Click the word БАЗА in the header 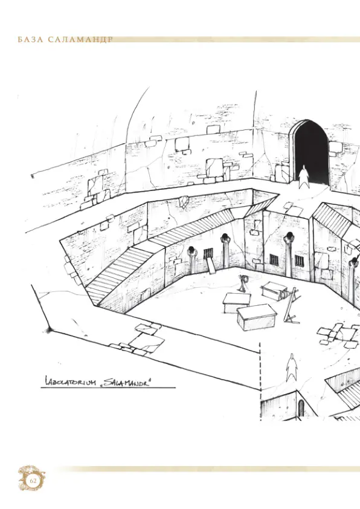click(30, 40)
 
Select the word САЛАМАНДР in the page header click(80, 40)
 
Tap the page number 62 click(33, 481)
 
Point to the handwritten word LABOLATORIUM click(69, 382)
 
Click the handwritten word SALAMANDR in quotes click(127, 381)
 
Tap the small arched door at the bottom click(301, 408)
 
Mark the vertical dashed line click(260, 381)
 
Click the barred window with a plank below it click(208, 253)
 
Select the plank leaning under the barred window click(211, 266)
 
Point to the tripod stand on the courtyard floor click(243, 283)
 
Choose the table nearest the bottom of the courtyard click(257, 317)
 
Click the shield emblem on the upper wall click(184, 201)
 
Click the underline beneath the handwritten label click(108, 387)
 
